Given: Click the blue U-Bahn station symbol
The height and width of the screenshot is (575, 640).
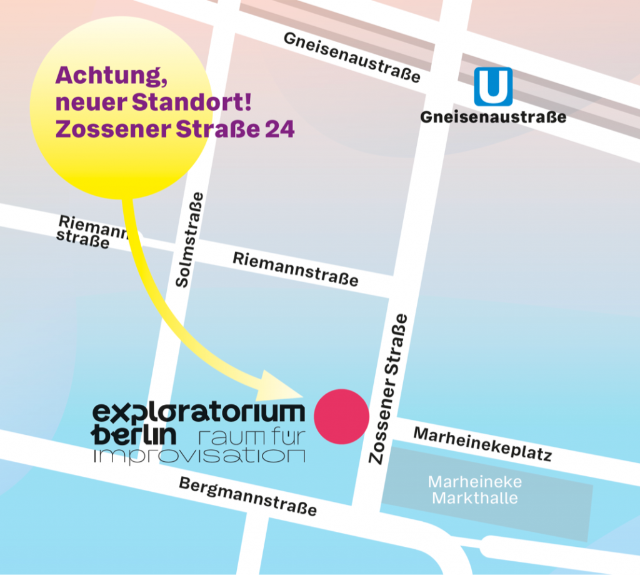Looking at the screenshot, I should point(493,87).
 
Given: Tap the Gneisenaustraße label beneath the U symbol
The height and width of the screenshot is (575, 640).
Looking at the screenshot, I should point(493,117).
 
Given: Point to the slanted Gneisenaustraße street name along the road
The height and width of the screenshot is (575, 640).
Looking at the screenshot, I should point(352,57).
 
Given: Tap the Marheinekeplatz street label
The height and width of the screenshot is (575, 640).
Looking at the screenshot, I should point(482,444).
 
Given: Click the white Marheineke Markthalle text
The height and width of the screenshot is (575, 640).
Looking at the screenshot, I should point(475,491).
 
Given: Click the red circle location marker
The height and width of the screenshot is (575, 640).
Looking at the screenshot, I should point(341,416).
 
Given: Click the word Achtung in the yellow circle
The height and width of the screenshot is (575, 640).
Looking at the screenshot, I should point(105,76).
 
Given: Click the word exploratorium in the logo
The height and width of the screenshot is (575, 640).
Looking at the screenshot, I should point(199,413).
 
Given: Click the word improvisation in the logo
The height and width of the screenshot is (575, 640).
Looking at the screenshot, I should point(199,455).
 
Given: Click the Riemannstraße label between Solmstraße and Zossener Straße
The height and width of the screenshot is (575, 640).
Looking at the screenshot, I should point(296,269).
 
